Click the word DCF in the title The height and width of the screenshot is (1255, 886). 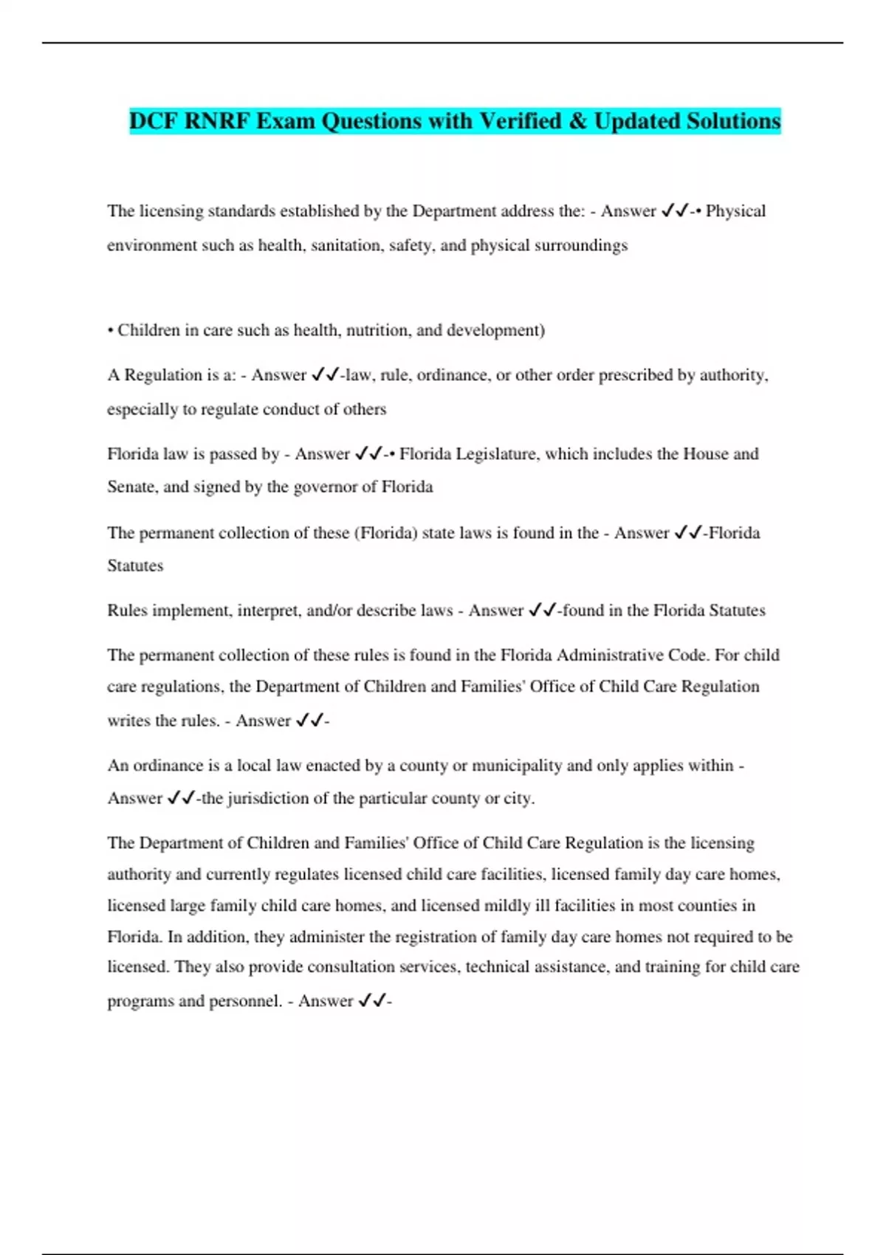pyautogui.click(x=154, y=121)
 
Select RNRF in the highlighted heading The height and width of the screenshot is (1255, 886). pyautogui.click(x=217, y=121)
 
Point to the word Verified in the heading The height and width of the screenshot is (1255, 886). pyautogui.click(x=521, y=121)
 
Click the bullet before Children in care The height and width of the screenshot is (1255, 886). pyautogui.click(x=110, y=330)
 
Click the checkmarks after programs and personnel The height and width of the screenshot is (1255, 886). pyautogui.click(x=372, y=1001)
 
